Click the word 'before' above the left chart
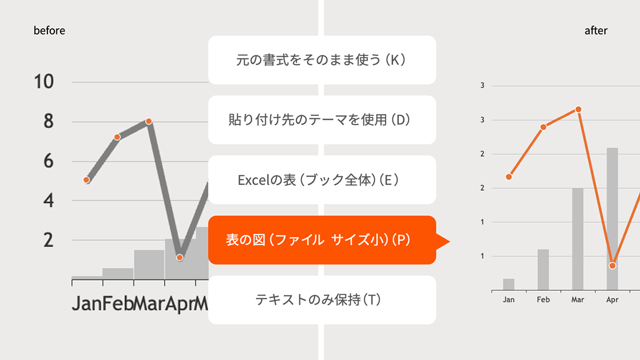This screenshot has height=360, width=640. coord(49,30)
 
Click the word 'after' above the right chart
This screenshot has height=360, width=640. coord(596,30)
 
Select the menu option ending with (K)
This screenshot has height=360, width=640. coord(322,60)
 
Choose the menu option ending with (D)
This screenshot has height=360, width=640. coord(322,119)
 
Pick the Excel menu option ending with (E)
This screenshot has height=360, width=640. coord(322,180)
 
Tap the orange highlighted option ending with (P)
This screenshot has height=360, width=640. coord(322,240)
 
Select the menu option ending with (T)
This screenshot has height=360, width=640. coord(322,300)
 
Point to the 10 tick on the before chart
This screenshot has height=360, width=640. coord(44,82)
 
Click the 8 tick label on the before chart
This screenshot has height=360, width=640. coord(49,122)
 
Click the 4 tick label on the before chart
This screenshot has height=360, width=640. coord(49,201)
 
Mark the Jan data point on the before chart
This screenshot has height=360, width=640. coord(87,180)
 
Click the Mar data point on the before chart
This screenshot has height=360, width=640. coord(149,121)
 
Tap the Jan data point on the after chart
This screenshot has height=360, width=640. coord(509,177)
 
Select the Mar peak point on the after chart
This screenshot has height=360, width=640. coord(578,109)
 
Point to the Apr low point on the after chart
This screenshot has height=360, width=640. coord(612,266)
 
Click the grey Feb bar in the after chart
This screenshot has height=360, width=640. coord(543,270)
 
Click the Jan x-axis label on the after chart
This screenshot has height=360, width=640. coord(509,300)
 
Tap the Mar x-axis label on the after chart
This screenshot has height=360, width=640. coord(578,300)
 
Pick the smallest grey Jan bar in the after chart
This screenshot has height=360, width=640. coord(509,285)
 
